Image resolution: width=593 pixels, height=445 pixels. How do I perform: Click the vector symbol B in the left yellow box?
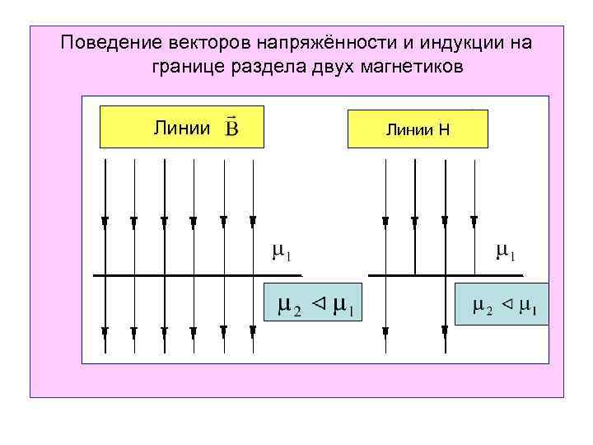[232, 129]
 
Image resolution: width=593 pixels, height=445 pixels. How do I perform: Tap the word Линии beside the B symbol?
[183, 129]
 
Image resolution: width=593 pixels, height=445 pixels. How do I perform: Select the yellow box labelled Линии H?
[418, 129]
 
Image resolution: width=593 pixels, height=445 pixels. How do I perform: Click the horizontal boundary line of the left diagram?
[198, 275]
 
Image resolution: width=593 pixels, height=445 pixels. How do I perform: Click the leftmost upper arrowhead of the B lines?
[105, 220]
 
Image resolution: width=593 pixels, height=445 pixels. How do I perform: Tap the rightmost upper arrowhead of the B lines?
[251, 220]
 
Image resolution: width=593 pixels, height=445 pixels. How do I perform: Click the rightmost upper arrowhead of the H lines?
[474, 220]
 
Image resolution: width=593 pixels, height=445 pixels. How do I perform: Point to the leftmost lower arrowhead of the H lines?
[385, 331]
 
